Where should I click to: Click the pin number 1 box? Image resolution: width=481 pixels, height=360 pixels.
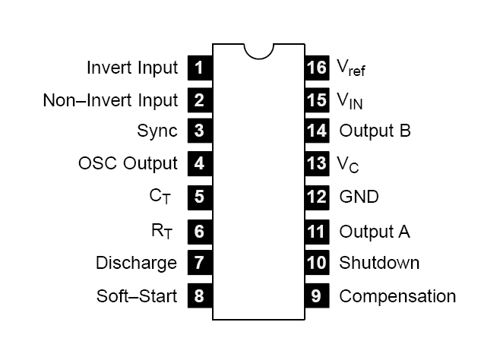(199, 68)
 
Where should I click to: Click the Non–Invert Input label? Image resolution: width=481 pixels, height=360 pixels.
(111, 100)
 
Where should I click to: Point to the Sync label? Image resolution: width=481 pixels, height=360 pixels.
(157, 131)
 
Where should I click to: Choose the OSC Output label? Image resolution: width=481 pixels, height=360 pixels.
(128, 163)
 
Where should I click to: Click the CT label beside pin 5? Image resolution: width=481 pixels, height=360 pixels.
(160, 197)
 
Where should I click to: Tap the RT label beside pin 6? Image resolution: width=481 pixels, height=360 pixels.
(160, 229)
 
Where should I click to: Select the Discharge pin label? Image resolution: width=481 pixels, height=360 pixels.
(137, 263)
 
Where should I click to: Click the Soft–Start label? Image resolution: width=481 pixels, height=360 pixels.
(137, 295)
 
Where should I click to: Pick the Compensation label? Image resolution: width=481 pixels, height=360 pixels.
(397, 295)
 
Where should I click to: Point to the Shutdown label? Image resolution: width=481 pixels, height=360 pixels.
(379, 263)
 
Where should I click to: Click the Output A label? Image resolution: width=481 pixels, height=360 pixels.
(375, 231)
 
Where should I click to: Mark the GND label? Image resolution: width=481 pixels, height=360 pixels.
(359, 197)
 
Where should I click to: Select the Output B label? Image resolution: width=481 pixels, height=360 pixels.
(375, 131)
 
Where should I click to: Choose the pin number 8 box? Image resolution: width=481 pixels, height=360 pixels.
(199, 295)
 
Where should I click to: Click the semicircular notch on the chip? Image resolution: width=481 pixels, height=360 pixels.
(258, 50)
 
